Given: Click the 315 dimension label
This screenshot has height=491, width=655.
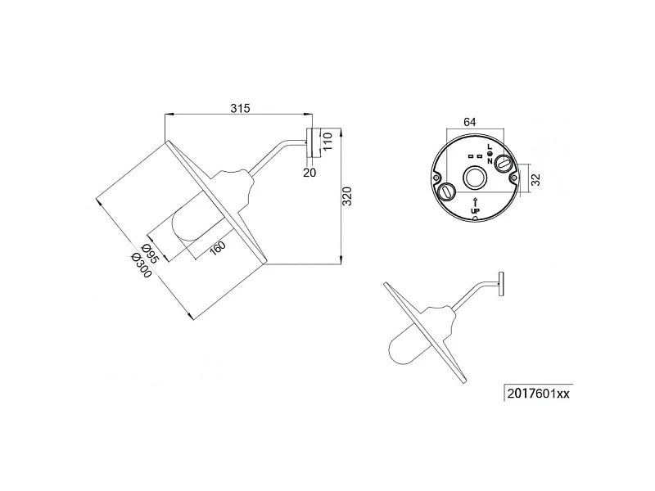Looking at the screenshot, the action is pyautogui.click(x=240, y=108).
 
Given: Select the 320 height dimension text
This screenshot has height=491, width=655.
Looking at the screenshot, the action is pyautogui.click(x=347, y=196).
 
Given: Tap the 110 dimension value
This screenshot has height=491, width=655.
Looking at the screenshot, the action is pyautogui.click(x=327, y=141).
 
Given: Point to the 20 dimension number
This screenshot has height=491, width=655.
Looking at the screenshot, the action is pyautogui.click(x=309, y=173).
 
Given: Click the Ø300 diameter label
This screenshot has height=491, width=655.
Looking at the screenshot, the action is pyautogui.click(x=141, y=266).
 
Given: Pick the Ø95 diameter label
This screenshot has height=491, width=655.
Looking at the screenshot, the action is pyautogui.click(x=151, y=254).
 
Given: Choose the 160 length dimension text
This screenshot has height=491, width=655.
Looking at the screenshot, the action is pyautogui.click(x=218, y=249).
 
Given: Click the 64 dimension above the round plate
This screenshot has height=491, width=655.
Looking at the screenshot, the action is pyautogui.click(x=470, y=122).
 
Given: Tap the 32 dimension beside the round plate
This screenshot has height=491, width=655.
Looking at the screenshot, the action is pyautogui.click(x=536, y=179).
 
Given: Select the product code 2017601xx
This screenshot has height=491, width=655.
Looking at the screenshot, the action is pyautogui.click(x=539, y=394).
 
